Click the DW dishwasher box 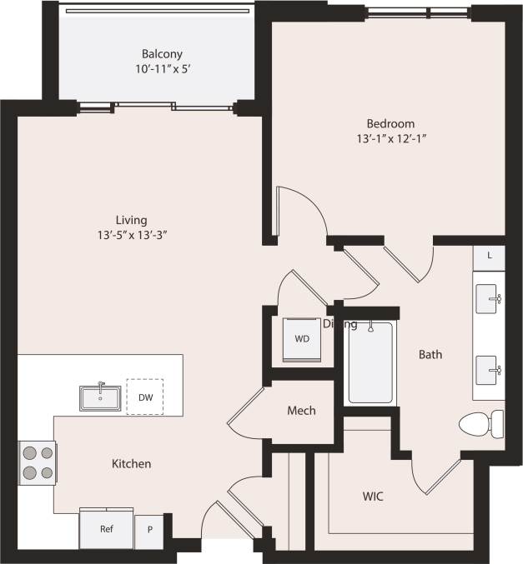point(144,397)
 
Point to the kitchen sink point(101,397)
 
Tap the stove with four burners point(38,462)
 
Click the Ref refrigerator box point(106,529)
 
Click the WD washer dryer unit point(301,339)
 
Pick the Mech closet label point(301,411)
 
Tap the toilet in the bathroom point(481,423)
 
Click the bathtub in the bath point(370,362)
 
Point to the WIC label point(373,496)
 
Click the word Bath point(430,354)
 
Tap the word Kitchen point(132,463)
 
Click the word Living point(132,220)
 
